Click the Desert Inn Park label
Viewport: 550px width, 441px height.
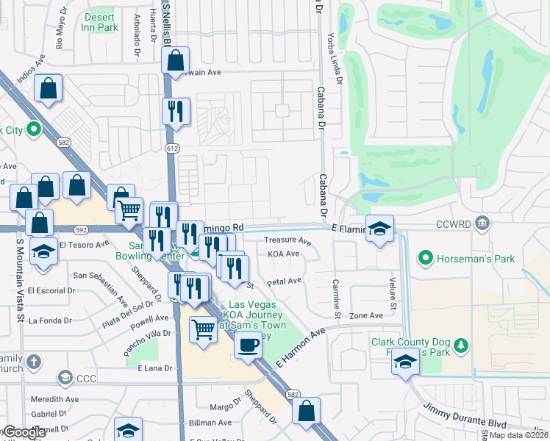coord(101,22)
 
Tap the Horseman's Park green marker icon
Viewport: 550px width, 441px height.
coord(424,258)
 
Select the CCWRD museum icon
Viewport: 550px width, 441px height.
coord(482,222)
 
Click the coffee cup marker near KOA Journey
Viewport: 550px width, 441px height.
coord(247,343)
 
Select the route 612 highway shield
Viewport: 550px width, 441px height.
coord(172,148)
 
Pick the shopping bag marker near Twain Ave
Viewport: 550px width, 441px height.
coord(176,62)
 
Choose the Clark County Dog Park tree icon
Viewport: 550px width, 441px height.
coord(461,345)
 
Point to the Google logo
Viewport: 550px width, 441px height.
coord(24,432)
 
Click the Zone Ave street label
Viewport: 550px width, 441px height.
coord(366,315)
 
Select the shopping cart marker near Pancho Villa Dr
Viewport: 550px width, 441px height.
coord(202,329)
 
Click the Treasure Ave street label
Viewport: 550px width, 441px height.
coord(287,240)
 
